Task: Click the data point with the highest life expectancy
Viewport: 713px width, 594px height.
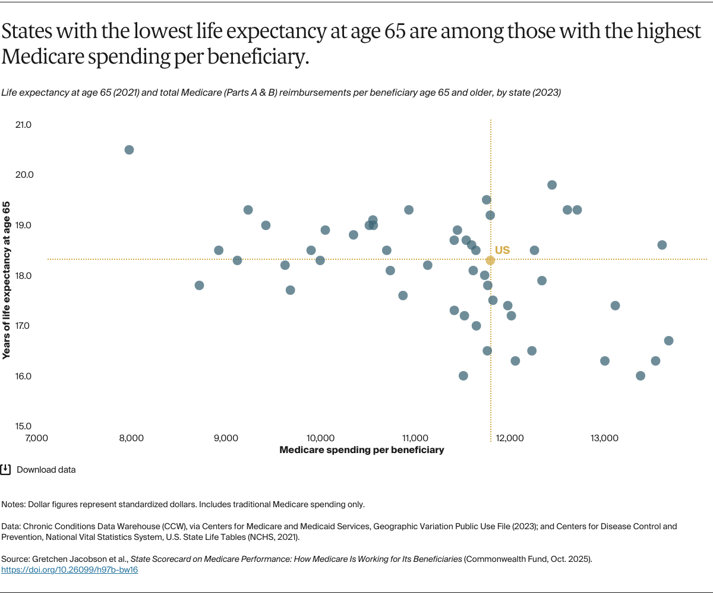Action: [x=129, y=150]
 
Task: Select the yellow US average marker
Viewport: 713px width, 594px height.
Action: [x=490, y=260]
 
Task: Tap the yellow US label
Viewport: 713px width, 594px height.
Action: [x=502, y=250]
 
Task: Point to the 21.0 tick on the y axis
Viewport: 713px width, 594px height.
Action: [x=24, y=125]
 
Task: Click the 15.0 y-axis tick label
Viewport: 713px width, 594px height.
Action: [x=24, y=426]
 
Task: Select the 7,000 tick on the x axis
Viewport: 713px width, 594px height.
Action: [x=36, y=438]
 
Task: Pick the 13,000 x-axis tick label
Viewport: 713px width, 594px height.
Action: [x=604, y=438]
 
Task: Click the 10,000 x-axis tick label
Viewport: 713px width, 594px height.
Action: [x=321, y=438]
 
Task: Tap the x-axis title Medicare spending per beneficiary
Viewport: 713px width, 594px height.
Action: [x=361, y=450]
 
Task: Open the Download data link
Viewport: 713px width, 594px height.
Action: [x=46, y=470]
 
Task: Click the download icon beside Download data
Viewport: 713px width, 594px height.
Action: [x=5, y=469]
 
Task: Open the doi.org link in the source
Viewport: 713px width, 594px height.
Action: [x=70, y=570]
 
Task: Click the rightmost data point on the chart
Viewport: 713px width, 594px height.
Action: [x=668, y=341]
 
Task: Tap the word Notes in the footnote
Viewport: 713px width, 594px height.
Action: [x=14, y=504]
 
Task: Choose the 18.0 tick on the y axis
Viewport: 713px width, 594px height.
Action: [x=24, y=276]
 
